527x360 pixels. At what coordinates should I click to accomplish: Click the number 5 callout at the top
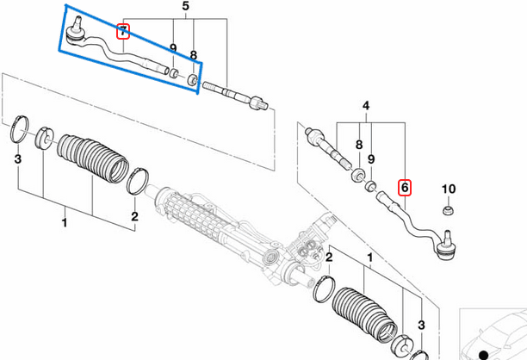click(183, 6)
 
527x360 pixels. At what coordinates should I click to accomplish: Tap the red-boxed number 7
click(123, 32)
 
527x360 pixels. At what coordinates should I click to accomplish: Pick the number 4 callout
click(365, 106)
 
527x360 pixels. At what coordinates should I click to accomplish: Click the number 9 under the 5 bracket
click(173, 49)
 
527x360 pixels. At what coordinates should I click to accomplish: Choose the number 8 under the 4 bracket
click(358, 146)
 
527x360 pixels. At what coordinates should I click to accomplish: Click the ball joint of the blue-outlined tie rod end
click(76, 34)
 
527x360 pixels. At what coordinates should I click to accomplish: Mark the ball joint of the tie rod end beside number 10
click(447, 250)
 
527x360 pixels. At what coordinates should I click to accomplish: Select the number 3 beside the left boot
click(16, 160)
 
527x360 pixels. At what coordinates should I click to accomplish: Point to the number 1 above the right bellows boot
click(370, 258)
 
